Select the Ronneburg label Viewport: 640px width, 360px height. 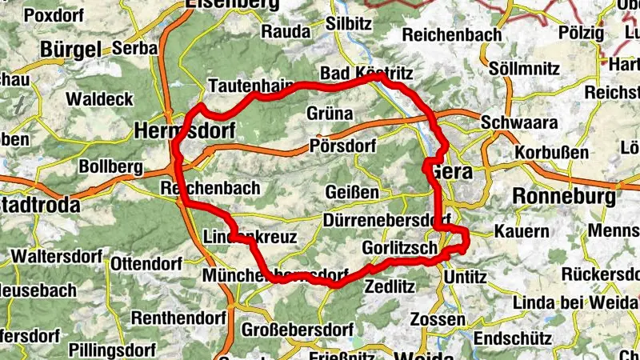click(x=565, y=196)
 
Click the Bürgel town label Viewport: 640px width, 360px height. click(x=72, y=50)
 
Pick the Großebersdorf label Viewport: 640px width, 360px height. click(x=298, y=330)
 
